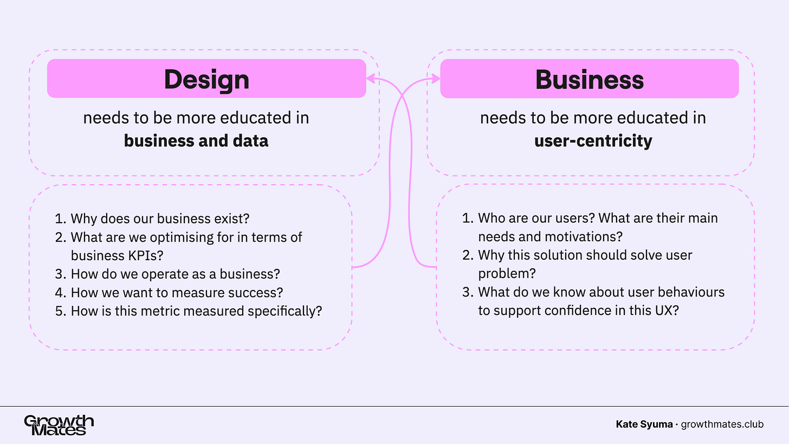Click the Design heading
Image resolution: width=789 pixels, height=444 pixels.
click(x=206, y=79)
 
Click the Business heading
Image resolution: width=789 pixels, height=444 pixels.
click(x=589, y=80)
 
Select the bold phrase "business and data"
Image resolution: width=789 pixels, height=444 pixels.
click(x=196, y=141)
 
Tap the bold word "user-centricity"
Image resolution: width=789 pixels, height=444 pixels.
click(x=593, y=141)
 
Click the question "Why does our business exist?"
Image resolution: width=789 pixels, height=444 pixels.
click(x=160, y=218)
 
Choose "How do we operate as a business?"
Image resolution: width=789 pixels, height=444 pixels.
click(x=175, y=274)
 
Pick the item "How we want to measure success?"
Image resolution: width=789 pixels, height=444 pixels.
click(x=177, y=292)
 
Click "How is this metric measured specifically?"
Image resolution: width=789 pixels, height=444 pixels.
click(x=196, y=311)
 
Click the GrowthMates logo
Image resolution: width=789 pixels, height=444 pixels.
click(x=59, y=425)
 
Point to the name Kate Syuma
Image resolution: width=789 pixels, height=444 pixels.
click(x=643, y=424)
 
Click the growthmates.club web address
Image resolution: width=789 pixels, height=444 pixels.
click(x=722, y=424)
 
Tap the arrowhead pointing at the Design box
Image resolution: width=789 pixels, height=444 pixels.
click(x=370, y=79)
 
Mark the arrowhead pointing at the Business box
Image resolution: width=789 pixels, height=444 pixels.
click(x=436, y=79)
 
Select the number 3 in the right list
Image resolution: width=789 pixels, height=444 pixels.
click(x=467, y=292)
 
